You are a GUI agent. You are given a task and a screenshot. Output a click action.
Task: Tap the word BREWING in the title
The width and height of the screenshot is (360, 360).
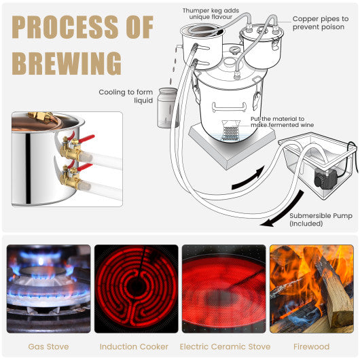[67, 63]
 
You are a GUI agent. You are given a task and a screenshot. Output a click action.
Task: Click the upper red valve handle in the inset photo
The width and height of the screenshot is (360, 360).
[85, 140]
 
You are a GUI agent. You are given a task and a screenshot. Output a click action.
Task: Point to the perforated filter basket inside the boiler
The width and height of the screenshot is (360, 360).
[231, 132]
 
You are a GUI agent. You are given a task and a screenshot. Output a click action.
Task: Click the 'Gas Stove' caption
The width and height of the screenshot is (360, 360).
[48, 346]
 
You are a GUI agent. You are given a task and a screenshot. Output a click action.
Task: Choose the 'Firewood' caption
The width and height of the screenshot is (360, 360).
[310, 346]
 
